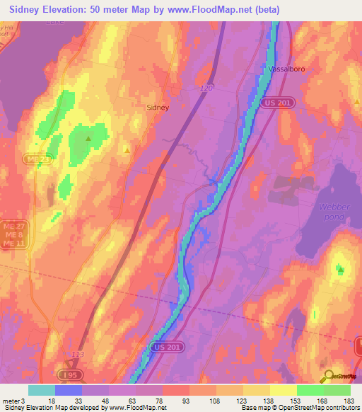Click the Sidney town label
(157, 107)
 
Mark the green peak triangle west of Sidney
(88, 139)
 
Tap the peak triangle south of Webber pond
(341, 269)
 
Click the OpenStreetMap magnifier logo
(328, 377)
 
